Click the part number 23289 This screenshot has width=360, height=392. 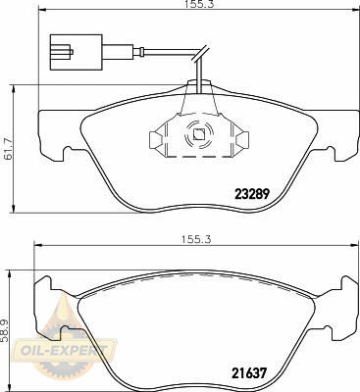click(252, 194)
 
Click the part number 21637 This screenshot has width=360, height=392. click(249, 372)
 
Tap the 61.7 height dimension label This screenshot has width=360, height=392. click(8, 149)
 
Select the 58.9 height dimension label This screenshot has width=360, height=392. click(6, 330)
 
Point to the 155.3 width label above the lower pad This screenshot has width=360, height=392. click(196, 239)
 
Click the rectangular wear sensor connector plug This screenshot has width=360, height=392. click(77, 52)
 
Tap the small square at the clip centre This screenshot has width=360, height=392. click(199, 134)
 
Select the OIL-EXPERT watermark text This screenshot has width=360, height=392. click(64, 351)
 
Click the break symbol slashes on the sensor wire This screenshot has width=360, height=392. click(200, 54)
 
